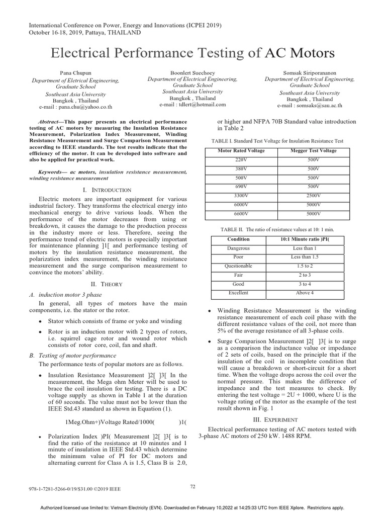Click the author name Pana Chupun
pos(76,73)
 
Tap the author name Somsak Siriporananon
pos(310,73)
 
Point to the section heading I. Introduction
pos(110,190)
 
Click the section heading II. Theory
pos(110,284)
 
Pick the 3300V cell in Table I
pos(242,195)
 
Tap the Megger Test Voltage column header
pos(314,151)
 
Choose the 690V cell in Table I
pos(242,186)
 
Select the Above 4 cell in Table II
pos(305,293)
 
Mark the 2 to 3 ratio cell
pos(305,275)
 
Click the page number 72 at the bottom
pos(193,486)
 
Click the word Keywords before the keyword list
pos(52,172)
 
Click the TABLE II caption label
pos(234,229)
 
